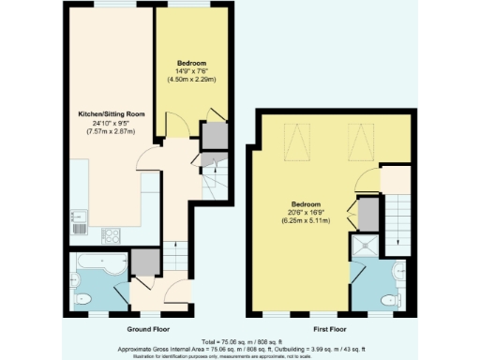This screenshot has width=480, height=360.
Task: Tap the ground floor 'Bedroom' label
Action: (x=191, y=63)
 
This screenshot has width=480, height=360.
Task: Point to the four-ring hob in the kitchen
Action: (x=111, y=235)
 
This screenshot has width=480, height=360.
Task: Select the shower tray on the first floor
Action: (x=363, y=247)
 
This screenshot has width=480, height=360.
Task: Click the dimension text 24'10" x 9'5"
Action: (x=109, y=123)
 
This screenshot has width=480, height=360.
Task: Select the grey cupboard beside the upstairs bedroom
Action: (x=369, y=214)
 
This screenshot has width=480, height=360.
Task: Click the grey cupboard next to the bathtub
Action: (x=143, y=262)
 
